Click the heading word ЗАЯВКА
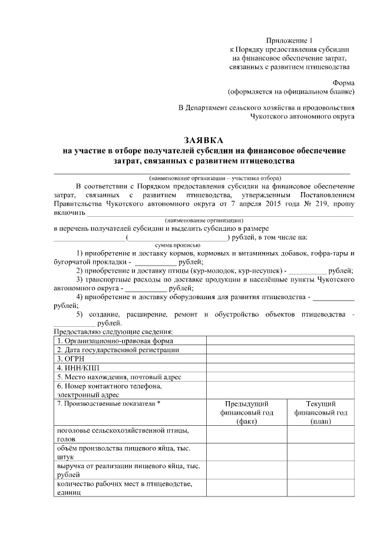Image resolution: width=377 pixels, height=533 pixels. (x=204, y=141)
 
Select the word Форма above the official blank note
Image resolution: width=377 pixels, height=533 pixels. (x=343, y=82)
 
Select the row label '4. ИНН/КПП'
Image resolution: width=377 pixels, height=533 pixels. (x=75, y=368)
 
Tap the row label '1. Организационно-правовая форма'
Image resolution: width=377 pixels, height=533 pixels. (x=114, y=340)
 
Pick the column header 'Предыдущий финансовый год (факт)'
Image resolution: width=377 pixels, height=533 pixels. (x=246, y=412)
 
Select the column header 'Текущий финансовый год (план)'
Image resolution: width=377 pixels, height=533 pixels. (x=321, y=412)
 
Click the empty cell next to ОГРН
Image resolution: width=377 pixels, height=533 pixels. (x=280, y=358)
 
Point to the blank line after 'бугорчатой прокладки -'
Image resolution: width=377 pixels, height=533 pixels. (x=156, y=262)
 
